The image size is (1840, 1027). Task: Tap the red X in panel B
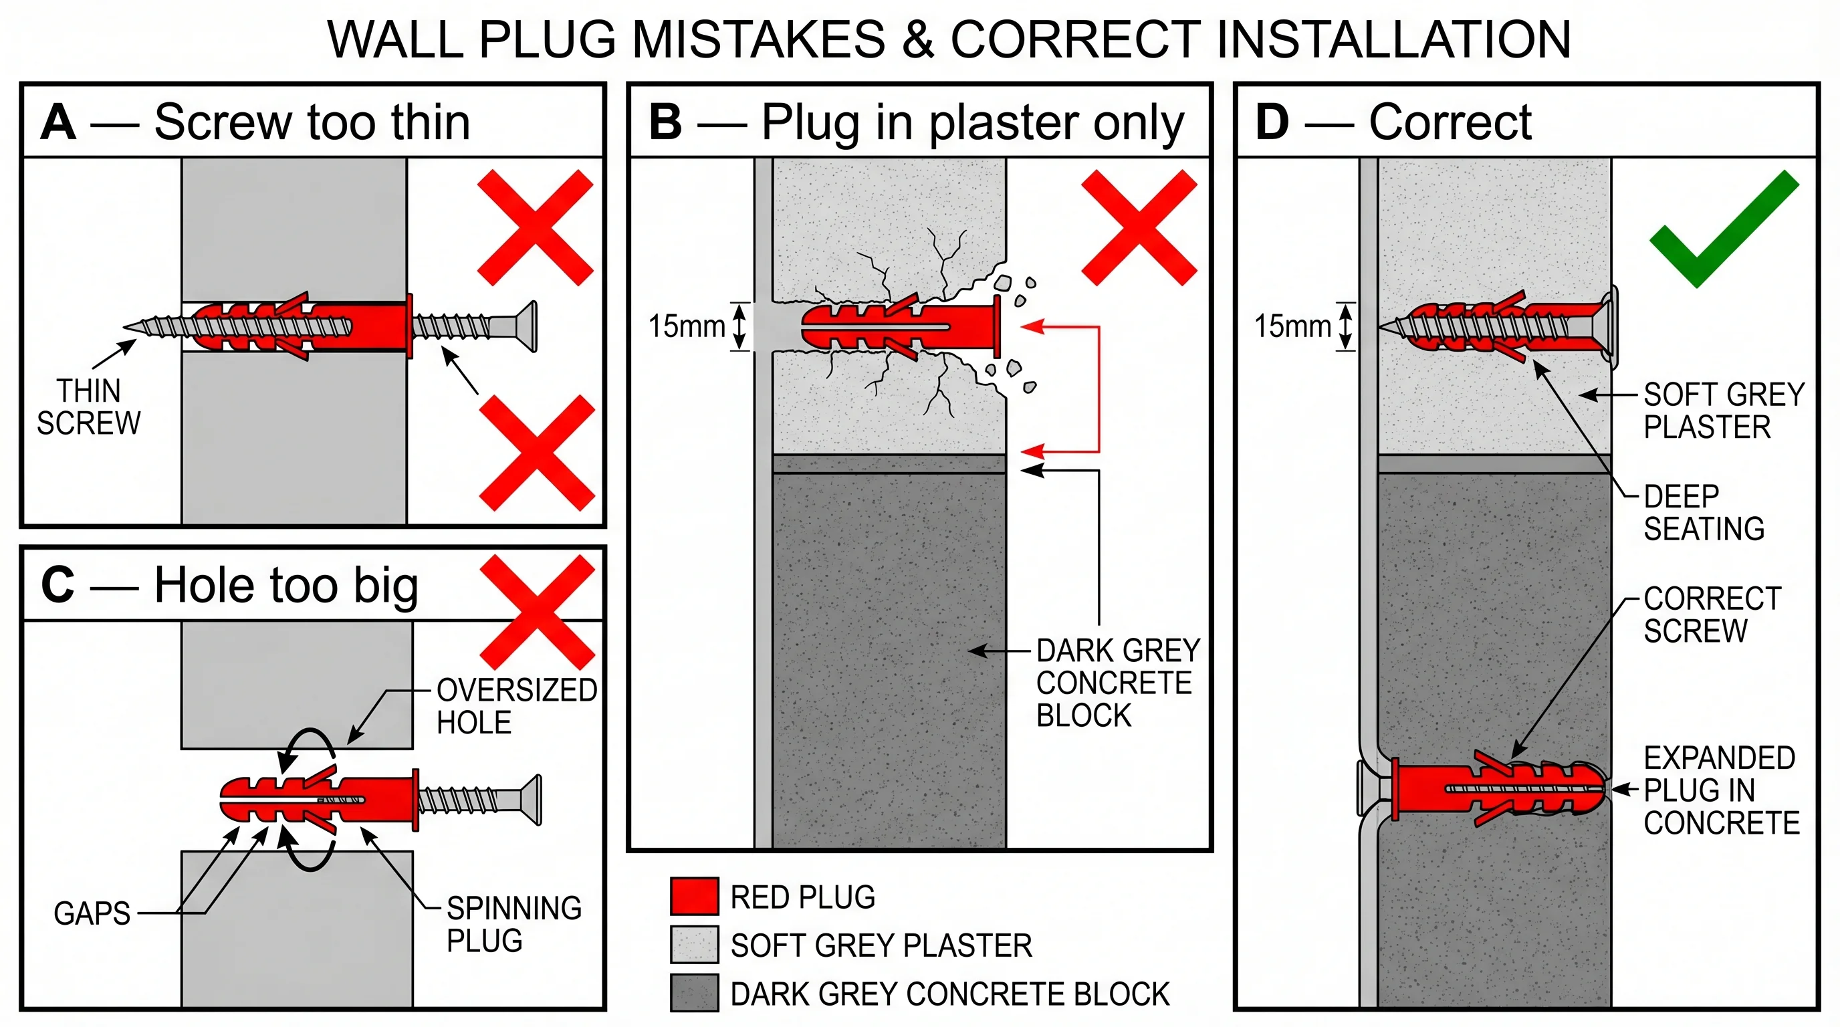click(x=1139, y=228)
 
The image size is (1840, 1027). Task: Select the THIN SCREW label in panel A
click(x=88, y=407)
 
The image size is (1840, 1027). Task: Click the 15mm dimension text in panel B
click(x=686, y=326)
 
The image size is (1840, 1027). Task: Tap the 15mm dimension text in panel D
click(x=1292, y=326)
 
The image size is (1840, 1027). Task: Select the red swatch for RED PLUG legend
click(x=693, y=897)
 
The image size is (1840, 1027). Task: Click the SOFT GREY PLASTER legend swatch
click(x=693, y=945)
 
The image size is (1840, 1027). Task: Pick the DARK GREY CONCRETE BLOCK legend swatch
click(x=693, y=993)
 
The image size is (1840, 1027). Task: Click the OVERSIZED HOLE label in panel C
click(x=515, y=706)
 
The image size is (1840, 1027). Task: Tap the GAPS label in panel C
click(x=92, y=913)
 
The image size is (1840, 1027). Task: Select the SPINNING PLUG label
click(x=513, y=924)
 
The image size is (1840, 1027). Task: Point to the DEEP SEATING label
click(x=1703, y=513)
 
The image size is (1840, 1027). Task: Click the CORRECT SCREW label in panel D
click(x=1712, y=615)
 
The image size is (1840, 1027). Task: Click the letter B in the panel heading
click(x=665, y=122)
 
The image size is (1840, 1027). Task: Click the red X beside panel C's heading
click(x=537, y=612)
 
